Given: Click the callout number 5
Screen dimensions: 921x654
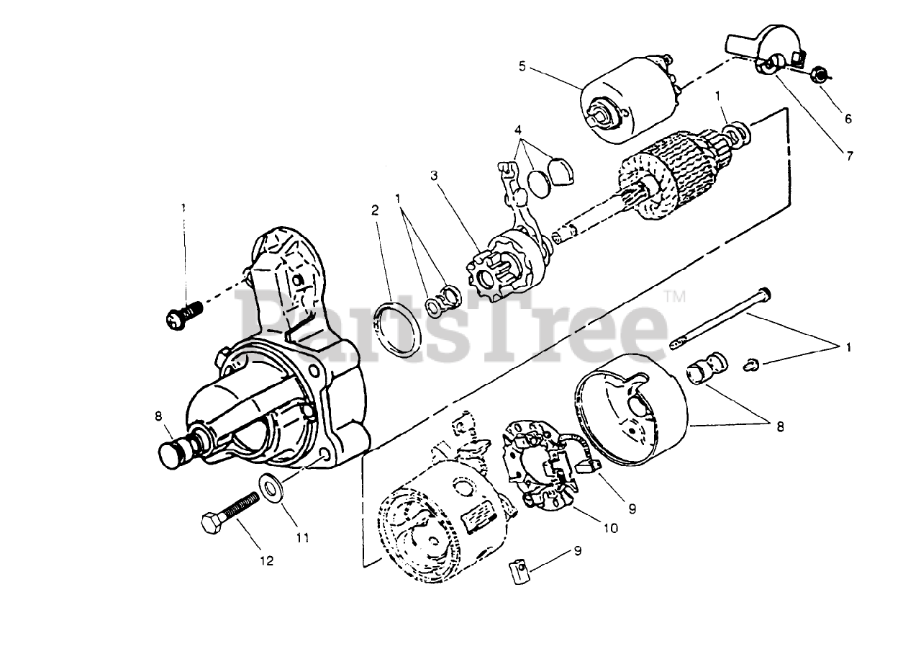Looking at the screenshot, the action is (x=523, y=67).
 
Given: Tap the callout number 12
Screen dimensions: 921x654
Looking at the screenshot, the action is (x=267, y=561).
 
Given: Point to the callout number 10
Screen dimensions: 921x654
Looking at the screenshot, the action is (x=610, y=528).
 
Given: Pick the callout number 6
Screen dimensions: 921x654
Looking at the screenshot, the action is (x=848, y=119).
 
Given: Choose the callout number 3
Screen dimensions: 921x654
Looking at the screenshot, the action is (x=434, y=175).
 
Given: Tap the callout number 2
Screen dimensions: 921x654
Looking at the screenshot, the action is (x=375, y=210).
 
